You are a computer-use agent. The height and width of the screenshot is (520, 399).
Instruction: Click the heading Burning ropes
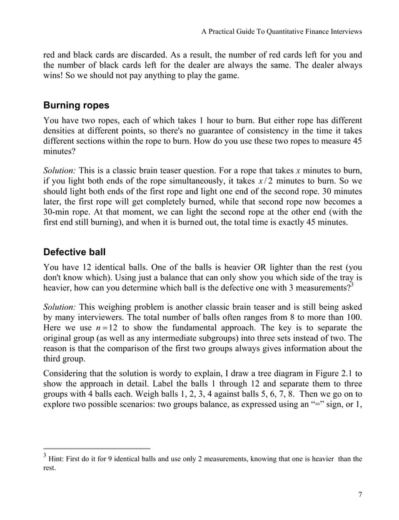pos(79,106)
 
